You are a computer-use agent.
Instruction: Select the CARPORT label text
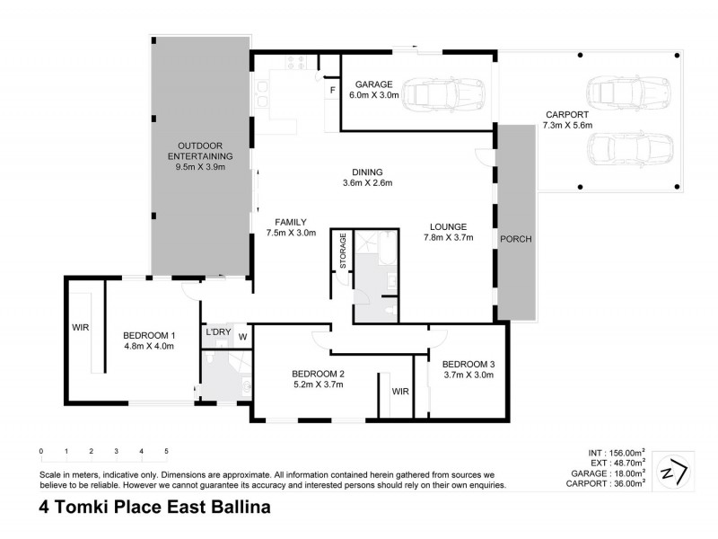tap(565, 115)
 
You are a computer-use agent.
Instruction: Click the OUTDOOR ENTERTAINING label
tap(199, 150)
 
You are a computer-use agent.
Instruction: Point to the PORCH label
tap(515, 238)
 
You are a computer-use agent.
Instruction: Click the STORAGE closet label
tap(343, 251)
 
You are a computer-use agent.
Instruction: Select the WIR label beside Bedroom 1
tap(80, 328)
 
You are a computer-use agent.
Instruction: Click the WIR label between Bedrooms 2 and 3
tap(399, 392)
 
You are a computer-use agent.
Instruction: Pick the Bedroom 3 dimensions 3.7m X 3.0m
tap(468, 376)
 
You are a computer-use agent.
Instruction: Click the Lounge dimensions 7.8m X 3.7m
tap(448, 238)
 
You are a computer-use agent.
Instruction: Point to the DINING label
tap(368, 172)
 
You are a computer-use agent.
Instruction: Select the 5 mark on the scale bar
tap(166, 451)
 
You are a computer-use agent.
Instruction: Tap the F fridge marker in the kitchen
tap(331, 90)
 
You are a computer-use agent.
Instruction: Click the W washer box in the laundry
tap(242, 337)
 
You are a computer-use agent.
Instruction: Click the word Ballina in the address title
tap(232, 507)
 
